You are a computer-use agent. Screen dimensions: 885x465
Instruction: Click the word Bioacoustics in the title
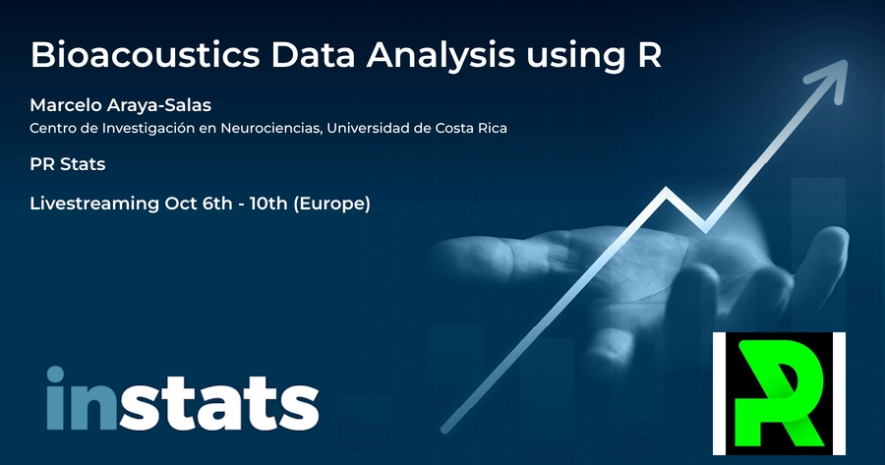146,55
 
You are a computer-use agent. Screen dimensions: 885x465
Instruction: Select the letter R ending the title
650,55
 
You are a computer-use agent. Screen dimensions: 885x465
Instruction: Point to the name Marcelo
66,105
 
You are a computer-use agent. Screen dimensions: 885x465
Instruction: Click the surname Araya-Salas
159,105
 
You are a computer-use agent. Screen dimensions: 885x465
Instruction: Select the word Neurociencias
271,129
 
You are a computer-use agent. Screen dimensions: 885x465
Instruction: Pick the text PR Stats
68,164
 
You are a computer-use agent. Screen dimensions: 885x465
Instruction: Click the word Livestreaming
94,203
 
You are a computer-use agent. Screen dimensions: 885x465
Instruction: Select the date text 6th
217,203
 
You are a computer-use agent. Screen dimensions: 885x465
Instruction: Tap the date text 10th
268,203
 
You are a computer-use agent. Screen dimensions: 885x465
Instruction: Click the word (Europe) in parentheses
332,203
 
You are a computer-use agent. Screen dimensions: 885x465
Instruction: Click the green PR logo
779,393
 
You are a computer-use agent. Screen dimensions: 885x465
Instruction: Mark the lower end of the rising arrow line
444,430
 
